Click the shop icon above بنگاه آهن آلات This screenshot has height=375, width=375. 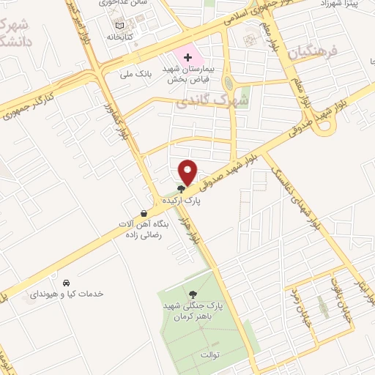coord(144,214)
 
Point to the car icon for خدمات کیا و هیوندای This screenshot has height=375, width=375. coord(66,282)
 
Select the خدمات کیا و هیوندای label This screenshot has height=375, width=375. coord(67,293)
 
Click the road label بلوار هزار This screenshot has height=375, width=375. coord(194,230)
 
